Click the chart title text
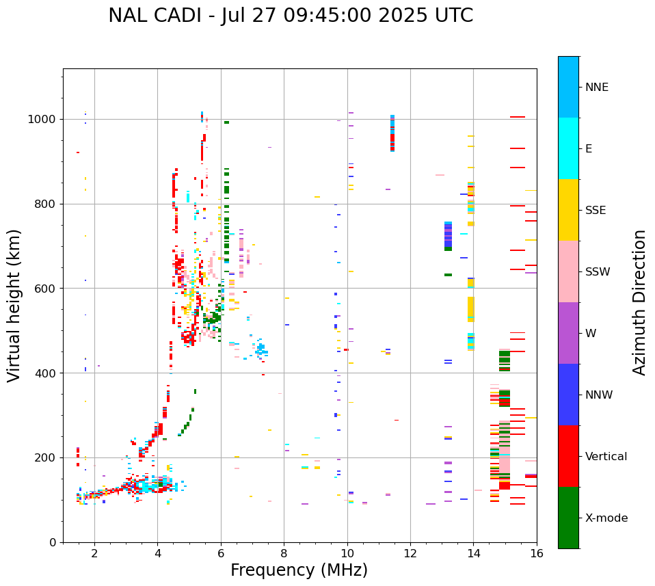point(291,16)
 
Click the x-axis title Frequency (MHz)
point(299,570)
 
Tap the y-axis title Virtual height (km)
point(14,305)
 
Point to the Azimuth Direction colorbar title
point(639,302)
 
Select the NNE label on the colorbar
point(596,88)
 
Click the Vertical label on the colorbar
point(606,457)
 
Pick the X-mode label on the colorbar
point(606,518)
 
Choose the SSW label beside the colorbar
point(598,272)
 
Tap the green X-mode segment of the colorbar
point(568,518)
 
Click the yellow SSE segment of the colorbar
point(568,210)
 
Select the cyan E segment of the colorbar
point(568,148)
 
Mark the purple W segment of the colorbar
point(568,333)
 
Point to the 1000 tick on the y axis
point(45,120)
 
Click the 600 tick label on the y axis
point(49,289)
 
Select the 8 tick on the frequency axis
point(284,553)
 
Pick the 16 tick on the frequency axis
point(537,553)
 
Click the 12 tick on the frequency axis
point(410,553)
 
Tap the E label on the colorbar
point(589,149)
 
